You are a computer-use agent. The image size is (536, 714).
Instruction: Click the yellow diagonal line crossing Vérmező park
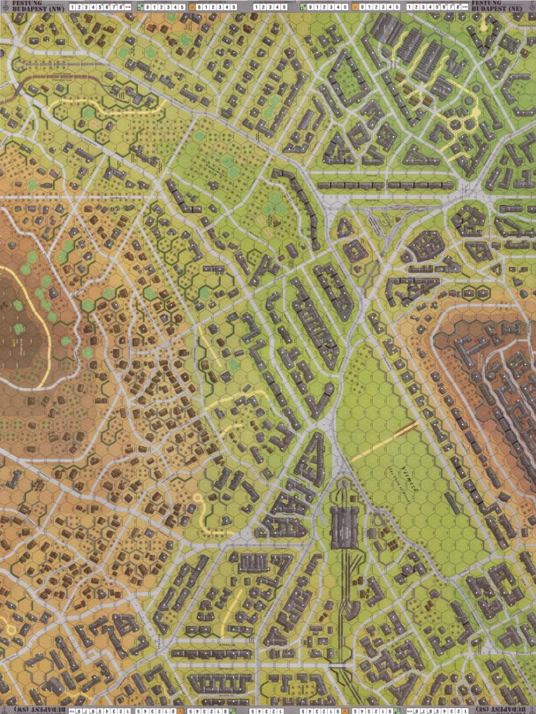[383, 440]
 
